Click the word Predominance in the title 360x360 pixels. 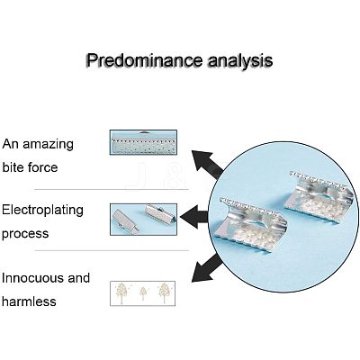coord(144,60)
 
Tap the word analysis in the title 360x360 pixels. coord(240,60)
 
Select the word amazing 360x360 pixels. coord(48,145)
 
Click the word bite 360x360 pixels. coord(13,166)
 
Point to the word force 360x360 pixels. coord(42,166)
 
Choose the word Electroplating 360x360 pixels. coord(42,211)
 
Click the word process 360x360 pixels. coord(25,234)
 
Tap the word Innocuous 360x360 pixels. coord(32,278)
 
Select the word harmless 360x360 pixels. coord(29,301)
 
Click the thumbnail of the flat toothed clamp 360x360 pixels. coord(143,142)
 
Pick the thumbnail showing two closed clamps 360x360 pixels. coord(143,220)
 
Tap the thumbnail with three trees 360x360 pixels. coord(143,293)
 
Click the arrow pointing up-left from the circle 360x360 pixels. coord(208,164)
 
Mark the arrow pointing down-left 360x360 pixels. coord(207,268)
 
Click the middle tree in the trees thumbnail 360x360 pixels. coord(143,293)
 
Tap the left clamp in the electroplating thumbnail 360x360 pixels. coord(125,220)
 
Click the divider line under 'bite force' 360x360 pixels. coord(112,190)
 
